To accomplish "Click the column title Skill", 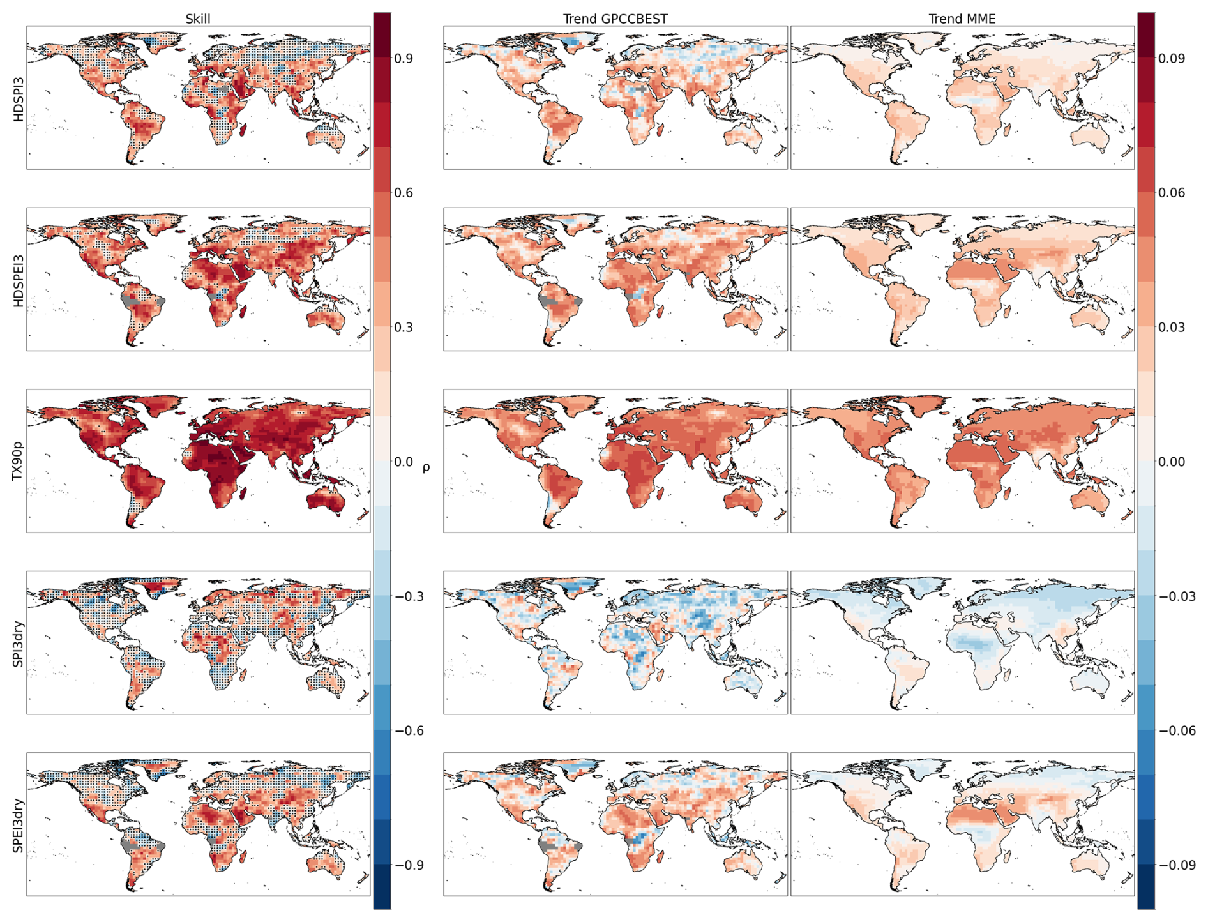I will (197, 19).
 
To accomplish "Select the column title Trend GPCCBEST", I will (615, 19).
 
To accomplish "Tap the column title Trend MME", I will (962, 19).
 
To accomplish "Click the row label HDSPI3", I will (19, 99).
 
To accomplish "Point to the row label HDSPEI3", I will (19, 280).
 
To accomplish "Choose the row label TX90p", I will (19, 461).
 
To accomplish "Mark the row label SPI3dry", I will (19, 643).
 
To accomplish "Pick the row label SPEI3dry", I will (19, 824).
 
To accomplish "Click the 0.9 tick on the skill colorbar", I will (404, 59).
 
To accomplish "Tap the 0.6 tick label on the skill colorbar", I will (404, 193).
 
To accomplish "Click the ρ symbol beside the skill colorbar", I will (426, 467).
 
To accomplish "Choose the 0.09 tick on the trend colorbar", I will (1172, 59).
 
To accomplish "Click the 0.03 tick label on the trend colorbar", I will (1172, 328).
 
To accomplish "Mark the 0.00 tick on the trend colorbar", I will (1172, 462).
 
